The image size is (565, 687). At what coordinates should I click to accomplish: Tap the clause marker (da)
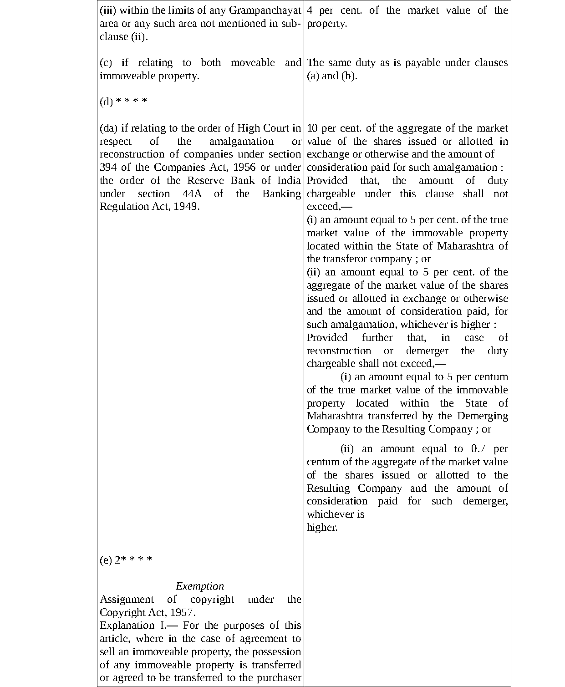coord(108,128)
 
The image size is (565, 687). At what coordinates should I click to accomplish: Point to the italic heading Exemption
coord(200,586)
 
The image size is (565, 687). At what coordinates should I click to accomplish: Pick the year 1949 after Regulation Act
coord(187,207)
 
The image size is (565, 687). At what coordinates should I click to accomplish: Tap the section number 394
coord(108,167)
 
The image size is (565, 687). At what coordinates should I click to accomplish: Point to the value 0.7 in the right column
coord(478,448)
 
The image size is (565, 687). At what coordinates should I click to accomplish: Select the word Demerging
coord(483,416)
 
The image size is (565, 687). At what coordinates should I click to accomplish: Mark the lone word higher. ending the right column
coord(322,528)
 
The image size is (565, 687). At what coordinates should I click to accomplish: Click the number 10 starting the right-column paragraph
coord(312,128)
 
